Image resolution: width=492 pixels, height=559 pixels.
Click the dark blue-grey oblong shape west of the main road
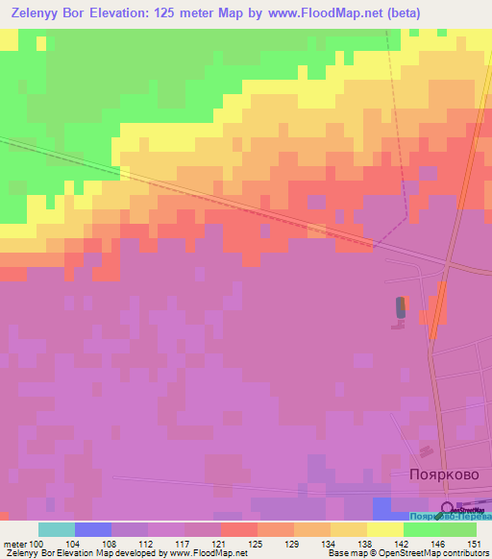401,307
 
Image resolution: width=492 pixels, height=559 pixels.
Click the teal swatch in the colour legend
57,529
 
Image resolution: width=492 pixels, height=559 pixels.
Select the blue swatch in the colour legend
93,529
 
